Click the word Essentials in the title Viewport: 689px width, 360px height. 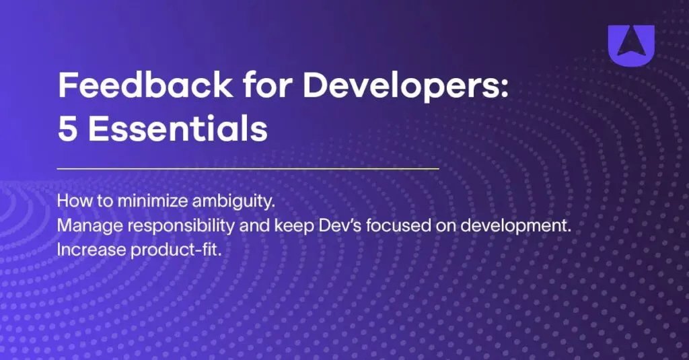tap(178, 130)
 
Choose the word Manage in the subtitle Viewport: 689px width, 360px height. tap(82, 227)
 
